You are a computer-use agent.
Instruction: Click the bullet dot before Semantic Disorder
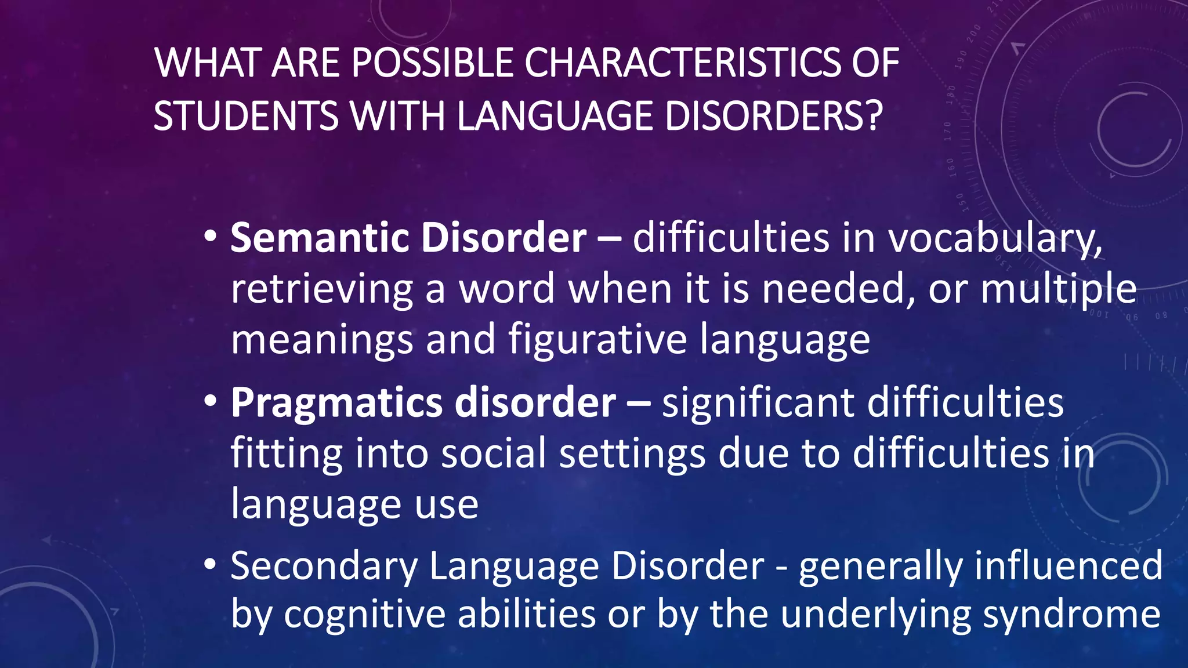211,236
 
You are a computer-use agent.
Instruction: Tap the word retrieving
321,289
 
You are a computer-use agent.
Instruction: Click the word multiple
1058,289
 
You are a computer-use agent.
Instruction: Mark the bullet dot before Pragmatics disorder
211,401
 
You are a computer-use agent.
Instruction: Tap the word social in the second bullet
494,453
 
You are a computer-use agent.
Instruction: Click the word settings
632,454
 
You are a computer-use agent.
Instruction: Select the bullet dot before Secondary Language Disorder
211,564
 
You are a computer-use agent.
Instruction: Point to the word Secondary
324,566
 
